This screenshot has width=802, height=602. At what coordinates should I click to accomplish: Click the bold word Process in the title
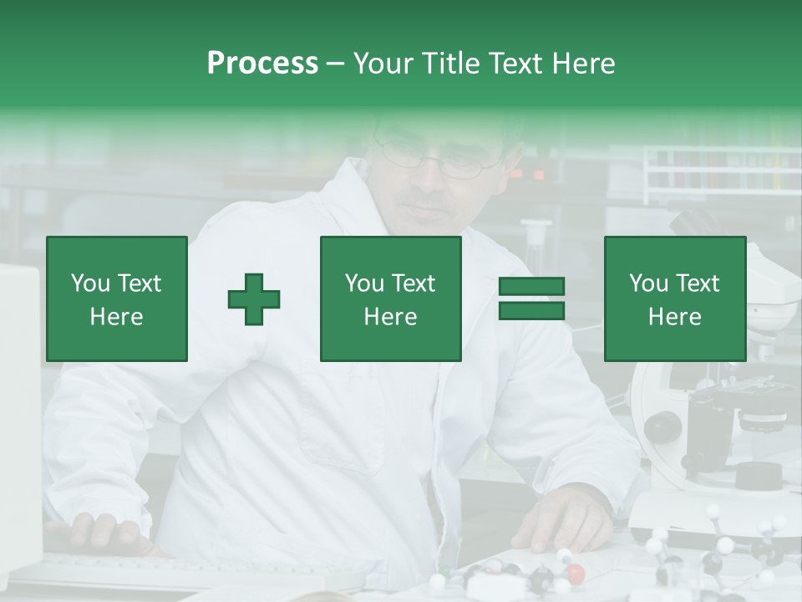coord(262,64)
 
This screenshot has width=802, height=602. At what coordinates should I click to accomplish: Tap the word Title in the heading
coord(449,64)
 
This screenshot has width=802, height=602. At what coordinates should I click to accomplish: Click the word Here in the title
coord(581,64)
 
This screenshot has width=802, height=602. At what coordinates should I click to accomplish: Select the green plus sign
coord(254,298)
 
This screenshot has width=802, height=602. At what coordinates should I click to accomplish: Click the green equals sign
coord(531,298)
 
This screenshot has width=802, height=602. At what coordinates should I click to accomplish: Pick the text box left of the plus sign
coord(116,298)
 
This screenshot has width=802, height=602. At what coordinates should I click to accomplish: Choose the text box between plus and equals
coord(390,298)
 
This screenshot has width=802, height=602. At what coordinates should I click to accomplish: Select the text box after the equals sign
coord(674,298)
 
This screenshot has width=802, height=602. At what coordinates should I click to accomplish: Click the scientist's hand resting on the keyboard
coord(100,533)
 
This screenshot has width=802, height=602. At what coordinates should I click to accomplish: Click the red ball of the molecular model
coord(575,573)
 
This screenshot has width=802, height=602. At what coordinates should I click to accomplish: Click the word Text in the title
coord(515,64)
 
